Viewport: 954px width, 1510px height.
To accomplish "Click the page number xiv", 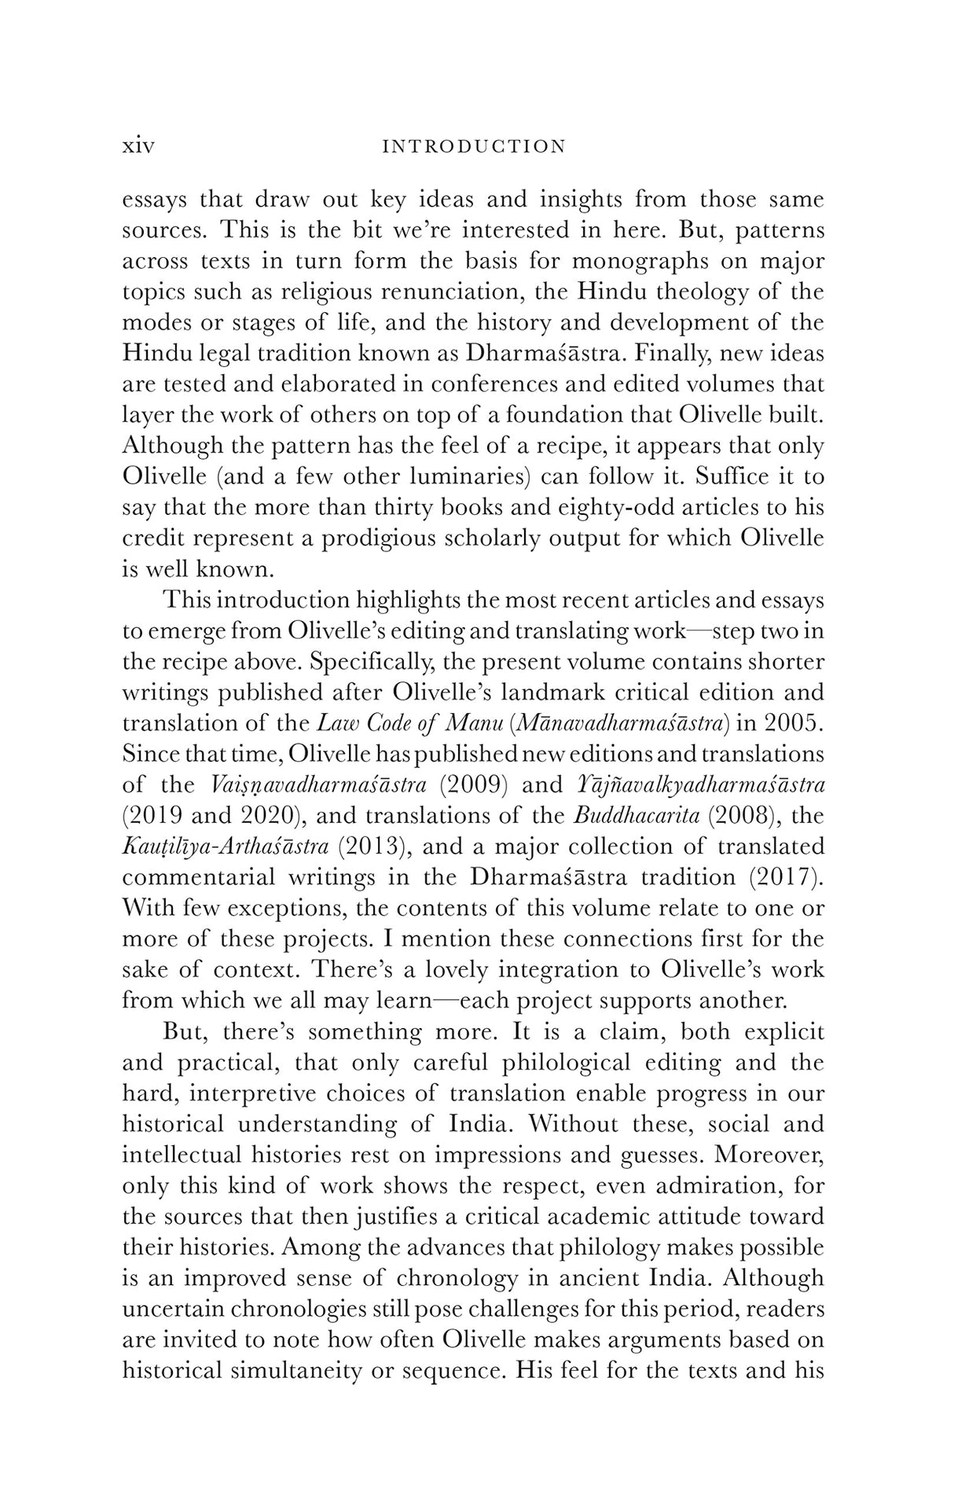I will point(138,146).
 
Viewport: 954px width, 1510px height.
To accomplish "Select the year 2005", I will point(794,723).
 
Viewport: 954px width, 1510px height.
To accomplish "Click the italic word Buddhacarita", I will point(637,816).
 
